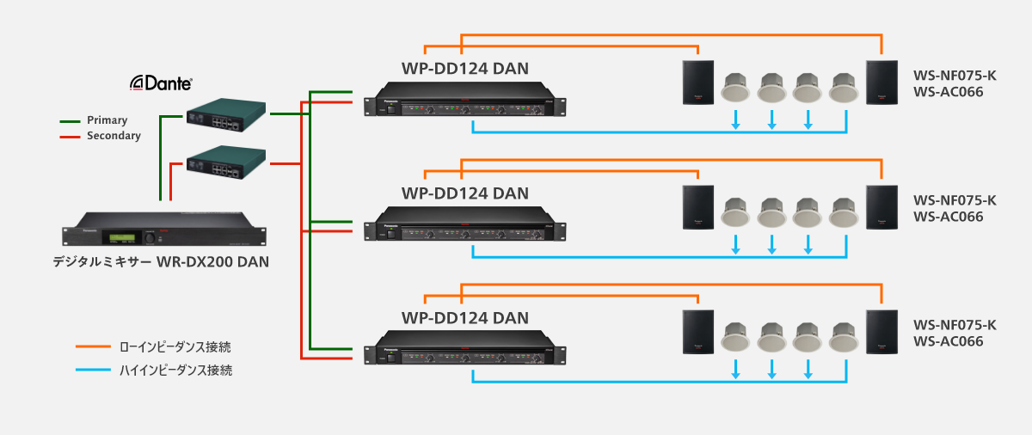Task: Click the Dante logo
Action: click(x=161, y=83)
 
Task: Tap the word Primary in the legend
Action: click(x=107, y=120)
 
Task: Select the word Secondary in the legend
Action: click(x=114, y=136)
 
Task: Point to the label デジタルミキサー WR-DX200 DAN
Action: click(x=161, y=261)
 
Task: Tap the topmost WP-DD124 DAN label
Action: click(x=464, y=68)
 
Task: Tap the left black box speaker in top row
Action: click(x=697, y=83)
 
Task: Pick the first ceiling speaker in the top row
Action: click(x=736, y=86)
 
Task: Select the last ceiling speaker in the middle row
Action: click(x=845, y=213)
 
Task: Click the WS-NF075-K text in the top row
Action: click(x=955, y=76)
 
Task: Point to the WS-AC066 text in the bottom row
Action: click(x=949, y=341)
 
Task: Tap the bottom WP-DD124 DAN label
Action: click(x=464, y=318)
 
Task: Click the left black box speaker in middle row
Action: click(x=697, y=207)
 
